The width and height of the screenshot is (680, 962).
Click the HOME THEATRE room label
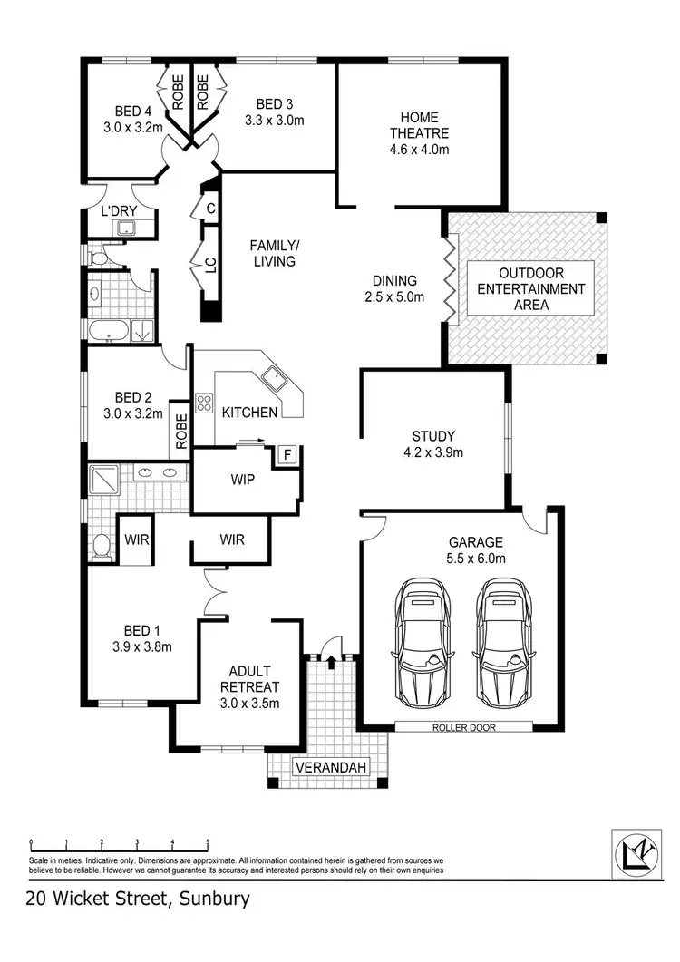coord(419,125)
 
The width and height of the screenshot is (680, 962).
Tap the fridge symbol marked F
coord(287,455)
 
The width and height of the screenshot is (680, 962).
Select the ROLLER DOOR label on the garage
coord(464,727)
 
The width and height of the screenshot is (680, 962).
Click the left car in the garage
coord(423,642)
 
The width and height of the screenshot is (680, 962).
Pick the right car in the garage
coord(504,642)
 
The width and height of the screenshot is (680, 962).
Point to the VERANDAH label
coord(331,767)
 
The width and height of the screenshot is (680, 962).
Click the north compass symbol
coord(636,853)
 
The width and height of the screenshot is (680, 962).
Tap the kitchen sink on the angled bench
coord(273,378)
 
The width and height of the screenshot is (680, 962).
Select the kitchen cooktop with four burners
coord(204,403)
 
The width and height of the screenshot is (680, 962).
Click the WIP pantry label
coord(242,480)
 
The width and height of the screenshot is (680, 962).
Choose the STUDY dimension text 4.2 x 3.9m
coord(433,452)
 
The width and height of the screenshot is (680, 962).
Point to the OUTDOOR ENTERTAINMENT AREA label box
coord(531,288)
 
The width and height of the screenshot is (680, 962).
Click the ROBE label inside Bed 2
coord(181,432)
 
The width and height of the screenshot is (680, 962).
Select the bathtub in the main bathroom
coord(109,331)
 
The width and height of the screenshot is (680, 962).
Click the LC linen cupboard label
coord(210,265)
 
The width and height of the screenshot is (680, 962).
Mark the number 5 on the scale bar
coord(208,841)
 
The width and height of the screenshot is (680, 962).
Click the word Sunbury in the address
coord(214,899)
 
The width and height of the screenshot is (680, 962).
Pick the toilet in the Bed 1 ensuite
coord(102,547)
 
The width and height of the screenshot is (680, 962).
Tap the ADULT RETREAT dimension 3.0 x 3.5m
coord(249,703)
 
